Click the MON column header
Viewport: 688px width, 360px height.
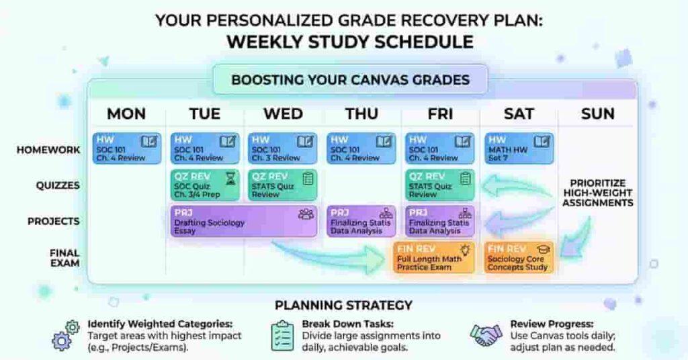click(126, 114)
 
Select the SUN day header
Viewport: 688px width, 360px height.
click(597, 114)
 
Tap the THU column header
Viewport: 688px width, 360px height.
click(362, 114)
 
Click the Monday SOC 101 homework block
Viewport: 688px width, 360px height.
click(126, 148)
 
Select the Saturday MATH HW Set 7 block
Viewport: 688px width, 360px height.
click(519, 148)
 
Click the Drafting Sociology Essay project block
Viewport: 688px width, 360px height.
click(243, 222)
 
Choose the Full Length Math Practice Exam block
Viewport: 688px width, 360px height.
click(435, 257)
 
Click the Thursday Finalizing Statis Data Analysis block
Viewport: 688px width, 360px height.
click(361, 222)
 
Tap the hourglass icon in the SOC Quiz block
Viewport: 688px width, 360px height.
click(230, 178)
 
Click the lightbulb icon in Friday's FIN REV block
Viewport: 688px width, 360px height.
click(464, 249)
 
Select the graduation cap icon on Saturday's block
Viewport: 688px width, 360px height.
click(543, 249)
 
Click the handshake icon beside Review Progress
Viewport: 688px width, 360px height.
click(486, 334)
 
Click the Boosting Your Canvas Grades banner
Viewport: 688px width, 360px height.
click(350, 80)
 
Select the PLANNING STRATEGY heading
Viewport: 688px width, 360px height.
click(343, 305)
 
